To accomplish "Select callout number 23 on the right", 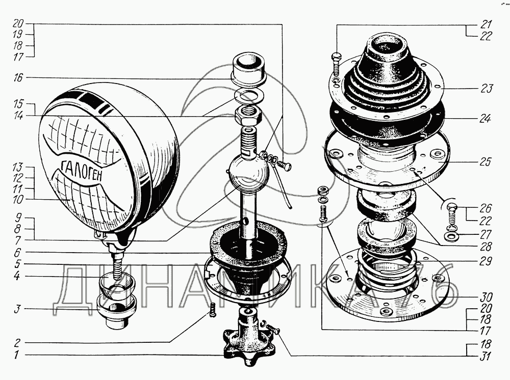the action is tap(487, 89).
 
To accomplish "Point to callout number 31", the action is tap(486, 357).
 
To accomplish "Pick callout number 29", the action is tap(486, 262).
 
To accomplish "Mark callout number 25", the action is tap(487, 162).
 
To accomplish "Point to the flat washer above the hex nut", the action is tap(249, 96).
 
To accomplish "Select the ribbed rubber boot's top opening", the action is tap(386, 43).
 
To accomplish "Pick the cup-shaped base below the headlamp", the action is tap(116, 304).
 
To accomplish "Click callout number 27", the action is tap(486, 234).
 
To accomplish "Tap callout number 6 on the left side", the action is tap(18, 252).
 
